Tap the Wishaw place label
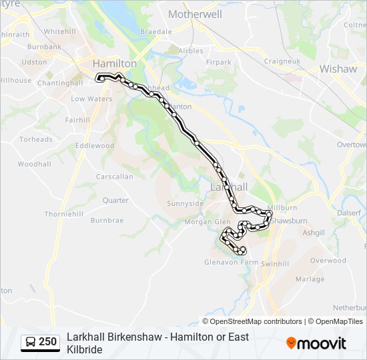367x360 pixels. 338,69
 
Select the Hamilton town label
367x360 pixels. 114,63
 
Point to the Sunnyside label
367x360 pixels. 185,203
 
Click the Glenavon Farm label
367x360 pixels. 231,262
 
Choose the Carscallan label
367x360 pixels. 115,177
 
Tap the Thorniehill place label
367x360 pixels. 64,214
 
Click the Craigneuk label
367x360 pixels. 282,61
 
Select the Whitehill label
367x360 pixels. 60,31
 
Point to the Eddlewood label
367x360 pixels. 95,145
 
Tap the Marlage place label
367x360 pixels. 310,279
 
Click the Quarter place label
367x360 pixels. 115,200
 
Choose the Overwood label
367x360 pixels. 328,261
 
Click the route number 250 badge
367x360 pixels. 47,342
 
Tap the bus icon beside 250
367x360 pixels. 31,342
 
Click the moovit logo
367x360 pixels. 316,343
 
